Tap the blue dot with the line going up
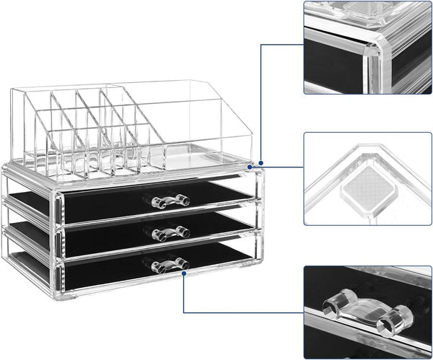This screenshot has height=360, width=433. click(260, 163)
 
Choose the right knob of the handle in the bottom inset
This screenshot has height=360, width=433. click(399, 317)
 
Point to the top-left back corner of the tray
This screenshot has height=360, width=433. click(13, 90)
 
